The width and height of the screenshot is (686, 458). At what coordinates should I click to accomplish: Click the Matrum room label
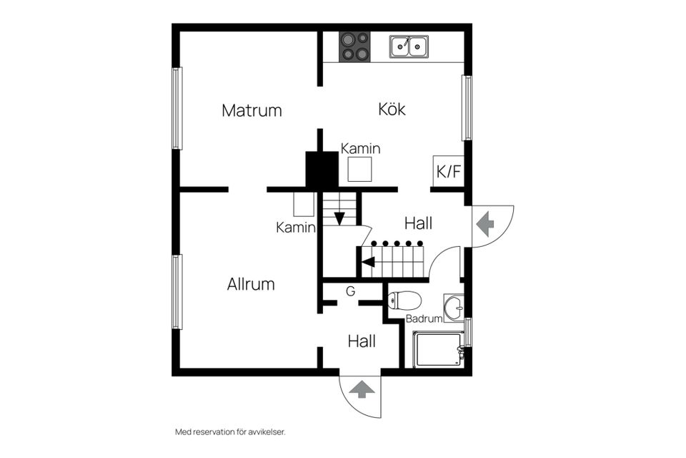(x=252, y=110)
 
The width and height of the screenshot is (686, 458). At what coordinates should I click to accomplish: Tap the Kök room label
(x=392, y=109)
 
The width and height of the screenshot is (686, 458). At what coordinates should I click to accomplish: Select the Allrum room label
(x=251, y=284)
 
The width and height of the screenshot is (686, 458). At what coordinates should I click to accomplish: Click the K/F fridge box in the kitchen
(x=449, y=172)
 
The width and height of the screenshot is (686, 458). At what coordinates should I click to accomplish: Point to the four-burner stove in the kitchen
(x=354, y=47)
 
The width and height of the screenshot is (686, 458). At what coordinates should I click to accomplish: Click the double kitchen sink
(x=409, y=47)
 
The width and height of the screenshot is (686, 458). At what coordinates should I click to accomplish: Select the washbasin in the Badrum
(x=454, y=308)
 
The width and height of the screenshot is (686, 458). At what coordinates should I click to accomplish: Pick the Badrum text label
(x=424, y=319)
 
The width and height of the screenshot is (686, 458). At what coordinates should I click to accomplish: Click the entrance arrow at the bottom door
(x=362, y=390)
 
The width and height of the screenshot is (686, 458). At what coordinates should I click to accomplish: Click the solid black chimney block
(x=322, y=170)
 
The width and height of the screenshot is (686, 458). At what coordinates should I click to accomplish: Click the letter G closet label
(x=350, y=291)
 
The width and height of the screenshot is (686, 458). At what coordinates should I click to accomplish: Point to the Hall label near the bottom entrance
(x=362, y=341)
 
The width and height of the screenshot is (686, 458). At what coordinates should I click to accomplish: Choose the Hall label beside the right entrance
(x=418, y=223)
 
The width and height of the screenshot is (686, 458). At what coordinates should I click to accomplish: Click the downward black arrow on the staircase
(x=339, y=218)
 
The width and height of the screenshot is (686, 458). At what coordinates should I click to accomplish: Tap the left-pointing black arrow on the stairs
(x=368, y=262)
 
